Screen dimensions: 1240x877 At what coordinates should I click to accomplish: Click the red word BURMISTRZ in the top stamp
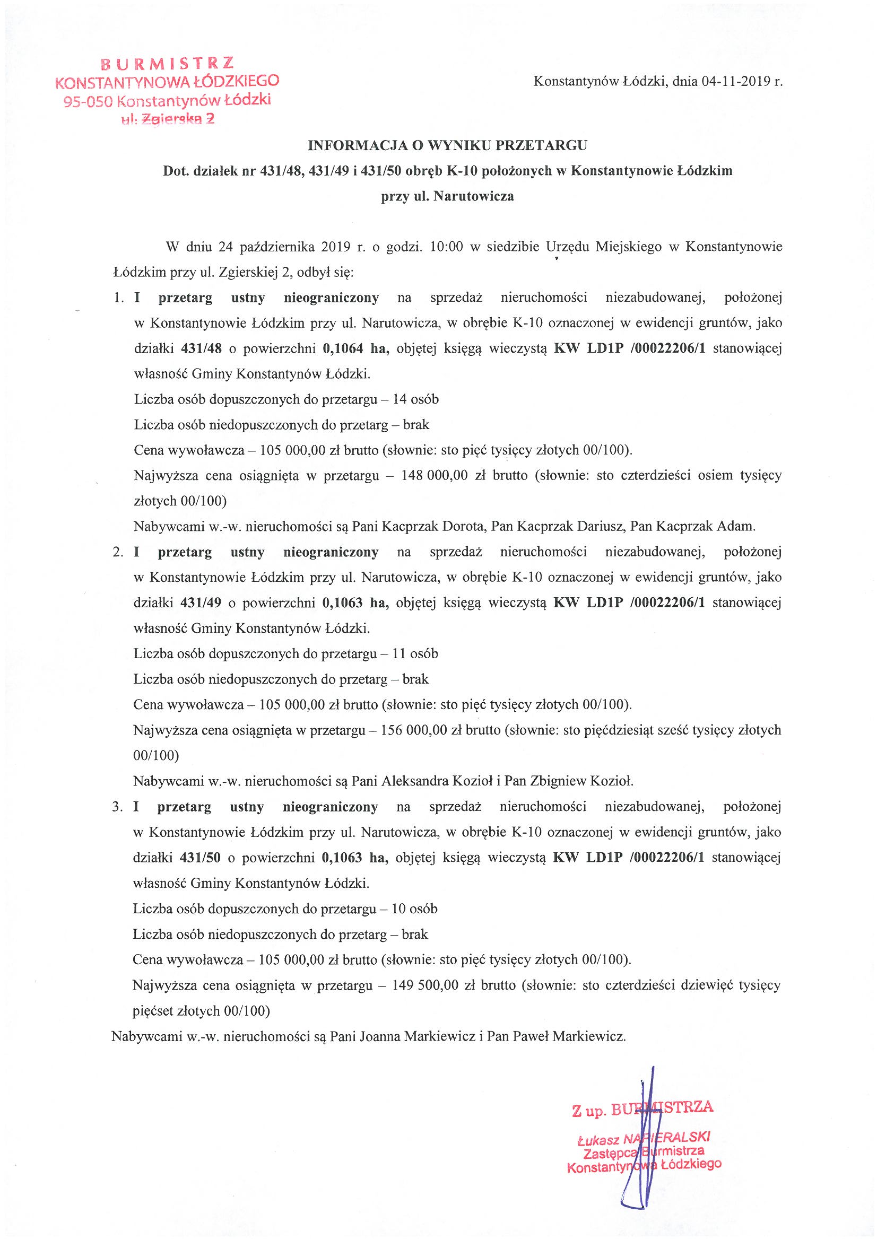(x=168, y=64)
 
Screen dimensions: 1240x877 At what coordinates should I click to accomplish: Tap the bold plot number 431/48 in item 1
(x=202, y=348)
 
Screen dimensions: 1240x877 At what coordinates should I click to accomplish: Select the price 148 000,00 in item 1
(x=435, y=476)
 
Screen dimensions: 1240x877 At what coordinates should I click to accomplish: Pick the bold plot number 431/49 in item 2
(x=202, y=602)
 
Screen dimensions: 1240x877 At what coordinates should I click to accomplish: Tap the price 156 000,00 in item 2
(x=414, y=730)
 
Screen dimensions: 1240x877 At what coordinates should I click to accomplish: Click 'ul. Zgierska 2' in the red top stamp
(x=168, y=119)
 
